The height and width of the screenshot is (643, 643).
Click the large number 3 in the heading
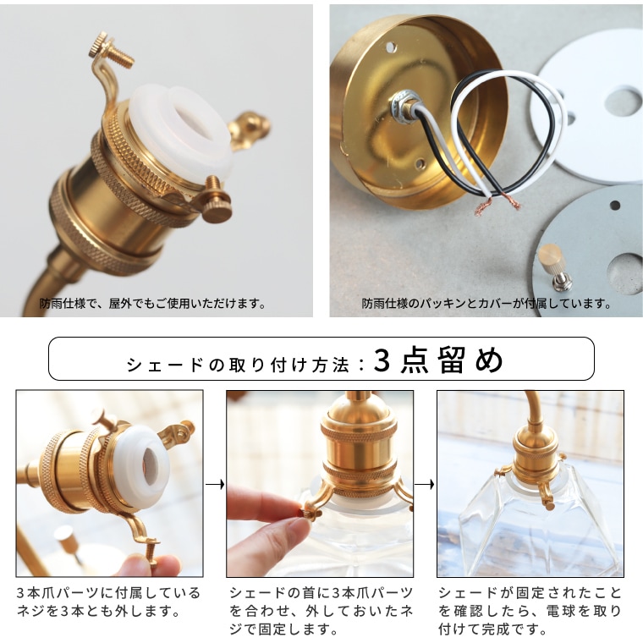pyautogui.click(x=383, y=361)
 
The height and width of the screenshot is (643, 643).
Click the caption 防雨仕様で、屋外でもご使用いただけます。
pyautogui.click(x=153, y=303)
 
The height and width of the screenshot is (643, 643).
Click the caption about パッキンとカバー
pyautogui.click(x=486, y=303)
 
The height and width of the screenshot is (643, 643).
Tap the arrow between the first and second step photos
pyautogui.click(x=215, y=485)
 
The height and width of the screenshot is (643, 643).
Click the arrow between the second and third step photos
pyautogui.click(x=425, y=485)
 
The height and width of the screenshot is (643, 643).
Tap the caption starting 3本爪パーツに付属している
pyautogui.click(x=108, y=602)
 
